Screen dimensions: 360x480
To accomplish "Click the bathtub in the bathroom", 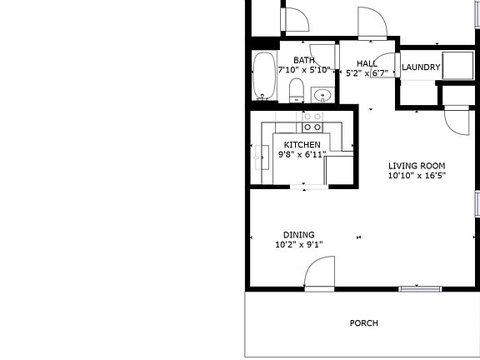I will pyautogui.click(x=264, y=77).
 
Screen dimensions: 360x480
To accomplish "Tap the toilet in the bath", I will pyautogui.click(x=295, y=90).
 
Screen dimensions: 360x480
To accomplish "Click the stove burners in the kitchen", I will pyautogui.click(x=312, y=122).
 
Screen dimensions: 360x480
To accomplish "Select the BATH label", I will pyautogui.click(x=303, y=60).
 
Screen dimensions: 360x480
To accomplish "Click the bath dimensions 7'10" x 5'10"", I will pyautogui.click(x=304, y=70).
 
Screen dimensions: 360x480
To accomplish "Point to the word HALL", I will pyautogui.click(x=367, y=63).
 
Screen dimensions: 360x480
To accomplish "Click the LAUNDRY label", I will pyautogui.click(x=421, y=67).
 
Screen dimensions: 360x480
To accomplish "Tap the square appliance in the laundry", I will pyautogui.click(x=455, y=65).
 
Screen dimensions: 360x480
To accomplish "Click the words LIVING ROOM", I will pyautogui.click(x=417, y=165).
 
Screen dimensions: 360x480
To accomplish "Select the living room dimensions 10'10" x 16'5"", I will pyautogui.click(x=417, y=176).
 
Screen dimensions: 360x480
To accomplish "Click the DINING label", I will pyautogui.click(x=298, y=234).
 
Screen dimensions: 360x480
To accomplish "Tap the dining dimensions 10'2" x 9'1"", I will pyautogui.click(x=298, y=245).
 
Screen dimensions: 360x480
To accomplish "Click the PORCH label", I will pyautogui.click(x=363, y=323).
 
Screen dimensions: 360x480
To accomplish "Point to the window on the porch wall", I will pyautogui.click(x=419, y=289).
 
